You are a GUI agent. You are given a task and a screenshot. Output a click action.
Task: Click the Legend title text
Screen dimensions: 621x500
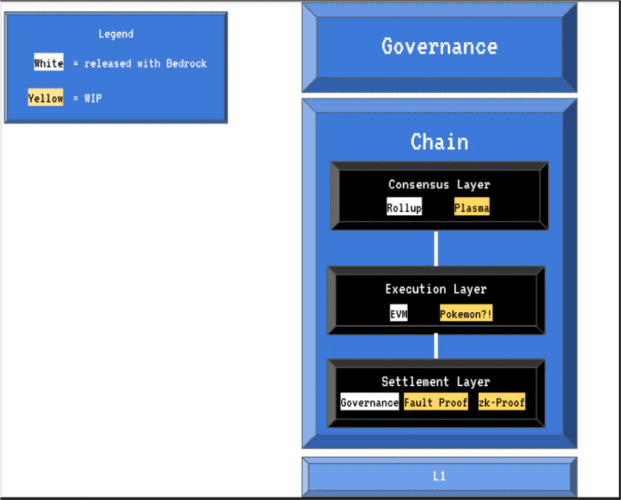pos(116,34)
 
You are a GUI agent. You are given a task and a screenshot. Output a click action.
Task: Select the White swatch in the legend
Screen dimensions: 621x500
pos(49,62)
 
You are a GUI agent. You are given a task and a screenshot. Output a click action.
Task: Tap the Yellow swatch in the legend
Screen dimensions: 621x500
pos(45,97)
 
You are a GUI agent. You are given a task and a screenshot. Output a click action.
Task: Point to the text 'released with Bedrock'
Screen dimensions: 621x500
pos(146,63)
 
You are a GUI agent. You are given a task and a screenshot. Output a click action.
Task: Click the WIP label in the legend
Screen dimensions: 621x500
pos(93,98)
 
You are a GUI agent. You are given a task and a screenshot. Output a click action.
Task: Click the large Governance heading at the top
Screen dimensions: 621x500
pos(439,46)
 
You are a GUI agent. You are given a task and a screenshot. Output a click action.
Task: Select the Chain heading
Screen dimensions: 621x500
pos(439,142)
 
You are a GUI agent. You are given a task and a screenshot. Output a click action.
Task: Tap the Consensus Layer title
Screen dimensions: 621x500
pos(439,184)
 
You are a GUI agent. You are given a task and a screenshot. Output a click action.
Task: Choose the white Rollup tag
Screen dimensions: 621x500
pos(404,207)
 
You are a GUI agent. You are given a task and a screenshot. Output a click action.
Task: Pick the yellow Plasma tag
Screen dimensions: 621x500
pos(472,207)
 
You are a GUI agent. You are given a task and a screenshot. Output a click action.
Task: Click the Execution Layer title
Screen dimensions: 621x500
pos(435,289)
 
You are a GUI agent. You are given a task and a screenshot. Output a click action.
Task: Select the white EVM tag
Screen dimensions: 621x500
pos(398,313)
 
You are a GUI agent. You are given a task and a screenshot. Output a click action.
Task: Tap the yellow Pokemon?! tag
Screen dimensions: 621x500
pos(466,313)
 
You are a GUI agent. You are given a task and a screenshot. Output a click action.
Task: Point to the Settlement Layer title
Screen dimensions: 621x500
pos(435,382)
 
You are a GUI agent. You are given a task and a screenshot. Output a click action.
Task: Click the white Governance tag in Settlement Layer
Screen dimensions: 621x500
pos(369,402)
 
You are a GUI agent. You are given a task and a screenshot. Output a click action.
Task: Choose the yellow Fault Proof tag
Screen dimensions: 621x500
pos(435,402)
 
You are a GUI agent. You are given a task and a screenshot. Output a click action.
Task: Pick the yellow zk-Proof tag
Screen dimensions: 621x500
pos(502,402)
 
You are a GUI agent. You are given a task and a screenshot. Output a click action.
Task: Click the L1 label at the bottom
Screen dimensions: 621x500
pos(439,476)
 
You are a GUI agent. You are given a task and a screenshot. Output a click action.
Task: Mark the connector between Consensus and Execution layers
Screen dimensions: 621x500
pos(436,248)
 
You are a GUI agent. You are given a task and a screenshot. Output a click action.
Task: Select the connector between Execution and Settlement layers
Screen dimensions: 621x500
pos(436,346)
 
